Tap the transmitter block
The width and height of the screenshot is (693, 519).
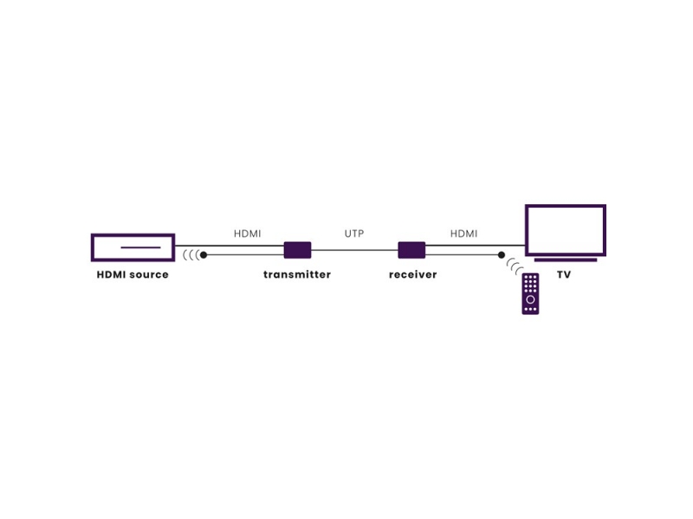[x=297, y=250]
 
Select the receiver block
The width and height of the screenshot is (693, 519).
[x=411, y=250]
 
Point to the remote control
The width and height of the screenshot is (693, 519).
[x=530, y=294]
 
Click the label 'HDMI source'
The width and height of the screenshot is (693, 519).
[x=133, y=274]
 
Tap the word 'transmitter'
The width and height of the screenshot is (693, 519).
[x=297, y=274]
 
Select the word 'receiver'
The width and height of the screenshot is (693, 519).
[x=413, y=274]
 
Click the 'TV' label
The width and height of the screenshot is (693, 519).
[x=564, y=274]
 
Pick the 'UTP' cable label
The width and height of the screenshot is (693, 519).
[x=354, y=234]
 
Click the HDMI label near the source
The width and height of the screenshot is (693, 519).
[x=248, y=234]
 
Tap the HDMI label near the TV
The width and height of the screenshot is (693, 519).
[x=463, y=234]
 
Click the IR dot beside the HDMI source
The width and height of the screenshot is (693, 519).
[x=204, y=254]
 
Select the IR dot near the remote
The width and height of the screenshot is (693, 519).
[x=502, y=254]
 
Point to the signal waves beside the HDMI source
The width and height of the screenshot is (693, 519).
[x=191, y=254]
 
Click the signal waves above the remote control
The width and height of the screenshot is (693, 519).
[x=515, y=266]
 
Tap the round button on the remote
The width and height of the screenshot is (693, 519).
[x=530, y=299]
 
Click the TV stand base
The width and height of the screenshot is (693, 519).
[x=566, y=260]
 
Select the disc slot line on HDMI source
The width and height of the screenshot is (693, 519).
[x=140, y=247]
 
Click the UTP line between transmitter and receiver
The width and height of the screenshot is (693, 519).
[x=354, y=250]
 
